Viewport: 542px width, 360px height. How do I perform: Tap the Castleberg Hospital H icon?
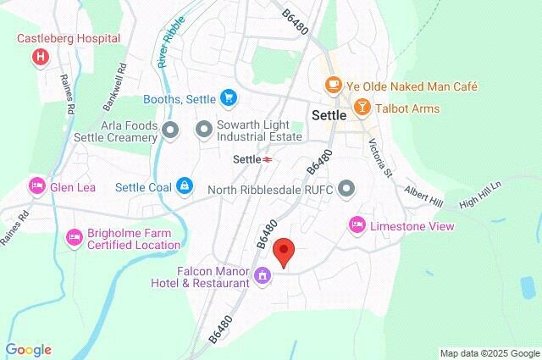pos(39,57)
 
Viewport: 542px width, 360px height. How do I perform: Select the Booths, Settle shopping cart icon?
pos(227,98)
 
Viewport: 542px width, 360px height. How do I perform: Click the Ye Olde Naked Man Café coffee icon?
pos(335,86)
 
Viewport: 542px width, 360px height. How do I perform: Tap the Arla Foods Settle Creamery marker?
pos(170,130)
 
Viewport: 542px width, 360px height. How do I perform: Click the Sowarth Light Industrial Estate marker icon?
pos(203,130)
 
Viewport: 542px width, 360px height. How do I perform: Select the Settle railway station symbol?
pos(267,158)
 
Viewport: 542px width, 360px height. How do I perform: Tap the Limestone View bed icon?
pos(357,224)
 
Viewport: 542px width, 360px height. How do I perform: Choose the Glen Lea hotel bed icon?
pos(36,186)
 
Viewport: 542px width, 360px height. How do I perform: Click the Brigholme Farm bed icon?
pos(74,234)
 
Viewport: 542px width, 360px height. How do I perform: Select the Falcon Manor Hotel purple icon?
pos(263,276)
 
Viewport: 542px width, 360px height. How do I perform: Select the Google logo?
pos(28,350)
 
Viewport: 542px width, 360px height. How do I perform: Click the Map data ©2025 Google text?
pos(489,352)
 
